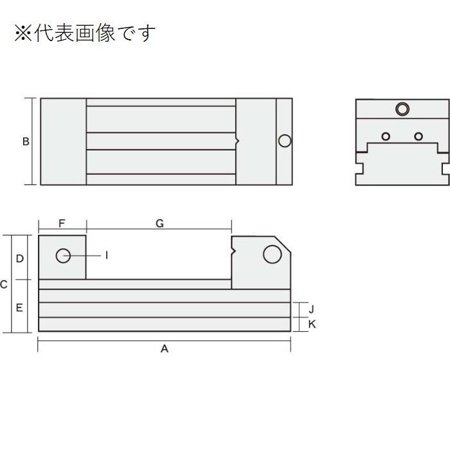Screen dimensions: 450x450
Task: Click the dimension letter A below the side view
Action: pos(165,349)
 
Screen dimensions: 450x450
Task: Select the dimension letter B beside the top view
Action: pos(26,141)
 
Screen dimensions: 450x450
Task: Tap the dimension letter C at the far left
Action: pos(3,284)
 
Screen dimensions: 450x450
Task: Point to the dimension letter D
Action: pos(19,258)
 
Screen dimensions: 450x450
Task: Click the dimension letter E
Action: pos(19,308)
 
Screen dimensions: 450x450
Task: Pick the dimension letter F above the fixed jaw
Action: pos(62,223)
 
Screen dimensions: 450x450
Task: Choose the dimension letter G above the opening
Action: pos(159,223)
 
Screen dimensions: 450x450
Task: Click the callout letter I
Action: pos(107,255)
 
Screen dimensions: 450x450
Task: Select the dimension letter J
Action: pos(311,309)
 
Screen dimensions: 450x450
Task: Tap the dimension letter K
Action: pos(312,324)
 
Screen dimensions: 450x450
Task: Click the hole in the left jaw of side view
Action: pos(63,255)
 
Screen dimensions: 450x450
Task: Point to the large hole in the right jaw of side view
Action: pos(273,255)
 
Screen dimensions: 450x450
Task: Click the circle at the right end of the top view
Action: pos(285,141)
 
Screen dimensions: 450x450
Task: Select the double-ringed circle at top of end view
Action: pos(402,109)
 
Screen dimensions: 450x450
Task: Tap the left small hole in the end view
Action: pos(386,136)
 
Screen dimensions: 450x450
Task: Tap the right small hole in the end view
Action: pos(419,136)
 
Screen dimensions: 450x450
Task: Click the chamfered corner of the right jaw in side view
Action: pos(283,244)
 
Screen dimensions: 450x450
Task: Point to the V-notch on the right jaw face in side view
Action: pos(233,251)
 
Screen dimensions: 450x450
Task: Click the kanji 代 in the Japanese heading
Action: pos(44,33)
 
